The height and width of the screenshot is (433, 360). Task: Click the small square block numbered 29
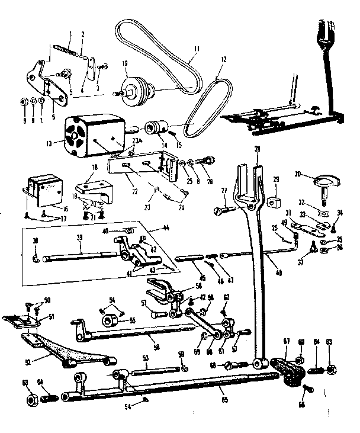(274, 201)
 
